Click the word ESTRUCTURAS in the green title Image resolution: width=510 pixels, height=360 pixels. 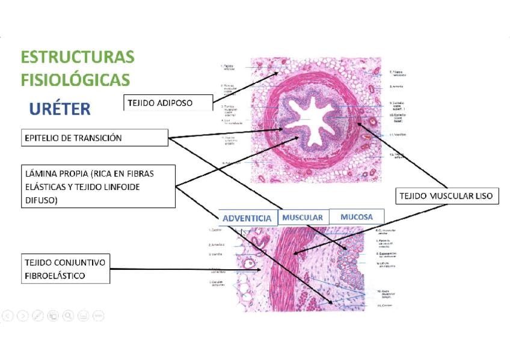point(78,57)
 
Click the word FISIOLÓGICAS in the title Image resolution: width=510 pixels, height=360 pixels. point(75,79)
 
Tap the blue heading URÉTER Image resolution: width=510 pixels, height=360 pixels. point(60,109)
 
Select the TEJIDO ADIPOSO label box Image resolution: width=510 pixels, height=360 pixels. point(168,103)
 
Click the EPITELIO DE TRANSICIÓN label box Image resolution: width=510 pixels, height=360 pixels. point(94,138)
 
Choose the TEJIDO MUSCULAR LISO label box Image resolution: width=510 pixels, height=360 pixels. point(446,196)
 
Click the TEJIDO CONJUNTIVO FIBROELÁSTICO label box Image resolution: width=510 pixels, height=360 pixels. point(66,269)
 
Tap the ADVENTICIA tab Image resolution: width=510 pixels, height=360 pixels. point(247,218)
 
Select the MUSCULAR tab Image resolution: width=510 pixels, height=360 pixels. point(303,218)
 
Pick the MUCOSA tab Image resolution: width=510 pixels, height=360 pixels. point(357,216)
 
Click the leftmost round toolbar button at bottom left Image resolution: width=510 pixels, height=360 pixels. point(8,315)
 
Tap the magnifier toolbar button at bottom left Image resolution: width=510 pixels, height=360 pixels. point(68,315)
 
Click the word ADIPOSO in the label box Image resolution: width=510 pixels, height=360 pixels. point(176,103)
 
